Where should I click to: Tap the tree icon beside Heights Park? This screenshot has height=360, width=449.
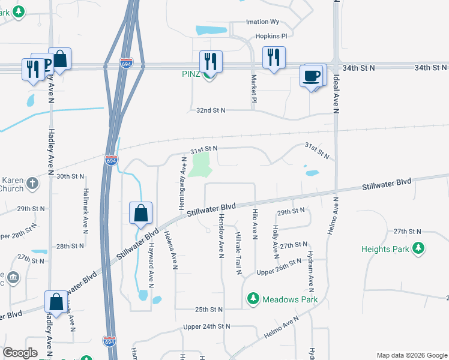point(418,248)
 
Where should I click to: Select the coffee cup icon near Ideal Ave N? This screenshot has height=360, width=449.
point(312,76)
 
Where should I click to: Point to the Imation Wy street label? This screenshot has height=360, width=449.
point(263,22)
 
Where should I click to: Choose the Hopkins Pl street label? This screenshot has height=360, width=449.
point(264,36)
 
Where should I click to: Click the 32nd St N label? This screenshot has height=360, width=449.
point(211,110)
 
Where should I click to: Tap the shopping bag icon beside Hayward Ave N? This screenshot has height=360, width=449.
point(140,213)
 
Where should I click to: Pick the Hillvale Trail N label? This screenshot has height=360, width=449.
point(238,252)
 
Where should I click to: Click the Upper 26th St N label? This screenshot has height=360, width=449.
point(279,268)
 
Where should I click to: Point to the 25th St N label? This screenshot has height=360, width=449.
point(208,309)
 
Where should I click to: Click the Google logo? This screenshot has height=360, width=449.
point(20,353)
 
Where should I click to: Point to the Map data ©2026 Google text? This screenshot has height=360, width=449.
point(411,355)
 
